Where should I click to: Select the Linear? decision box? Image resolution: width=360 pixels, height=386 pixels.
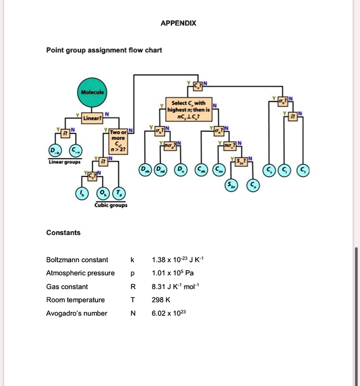click(x=93, y=118)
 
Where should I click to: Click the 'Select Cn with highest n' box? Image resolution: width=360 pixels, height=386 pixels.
click(x=189, y=110)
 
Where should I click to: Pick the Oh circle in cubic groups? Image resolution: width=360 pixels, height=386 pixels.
click(x=103, y=192)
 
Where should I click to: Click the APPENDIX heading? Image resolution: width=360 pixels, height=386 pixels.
click(x=178, y=23)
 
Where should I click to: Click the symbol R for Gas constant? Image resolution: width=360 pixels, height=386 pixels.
click(x=132, y=287)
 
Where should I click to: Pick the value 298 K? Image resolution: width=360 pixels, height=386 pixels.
click(x=160, y=300)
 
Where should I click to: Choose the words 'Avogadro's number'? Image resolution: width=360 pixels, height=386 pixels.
click(x=77, y=313)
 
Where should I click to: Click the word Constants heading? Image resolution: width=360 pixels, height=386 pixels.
click(x=63, y=233)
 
